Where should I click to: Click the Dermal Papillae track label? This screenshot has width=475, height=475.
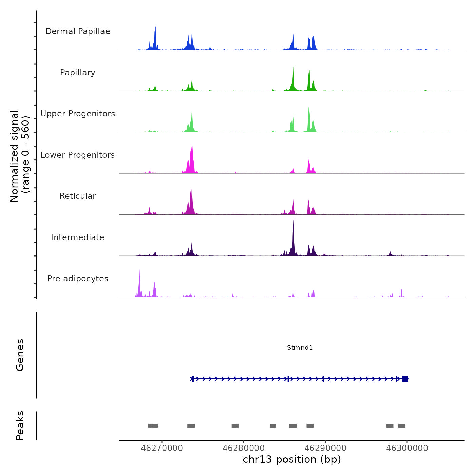(78, 31)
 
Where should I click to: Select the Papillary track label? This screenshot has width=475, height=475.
(78, 73)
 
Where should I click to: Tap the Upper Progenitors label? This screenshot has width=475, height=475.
(78, 114)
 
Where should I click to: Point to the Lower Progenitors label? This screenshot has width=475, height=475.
(78, 155)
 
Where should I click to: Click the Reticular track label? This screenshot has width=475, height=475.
(78, 196)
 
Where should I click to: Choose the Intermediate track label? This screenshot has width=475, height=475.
(78, 237)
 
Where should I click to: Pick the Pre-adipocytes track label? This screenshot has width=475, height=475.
(78, 279)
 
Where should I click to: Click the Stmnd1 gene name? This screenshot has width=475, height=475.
(300, 347)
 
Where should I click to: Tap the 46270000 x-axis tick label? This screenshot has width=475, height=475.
(162, 448)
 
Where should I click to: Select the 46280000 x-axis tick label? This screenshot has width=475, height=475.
(244, 448)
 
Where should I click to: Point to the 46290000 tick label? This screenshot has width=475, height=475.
(325, 448)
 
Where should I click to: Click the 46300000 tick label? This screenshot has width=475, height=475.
(407, 448)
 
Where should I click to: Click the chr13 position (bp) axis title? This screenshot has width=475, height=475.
(292, 459)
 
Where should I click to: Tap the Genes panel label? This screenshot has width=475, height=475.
(20, 355)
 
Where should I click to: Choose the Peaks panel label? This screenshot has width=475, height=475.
(20, 425)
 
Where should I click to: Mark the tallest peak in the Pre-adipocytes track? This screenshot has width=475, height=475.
(139, 271)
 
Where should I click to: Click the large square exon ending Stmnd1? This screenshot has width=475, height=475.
(405, 379)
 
